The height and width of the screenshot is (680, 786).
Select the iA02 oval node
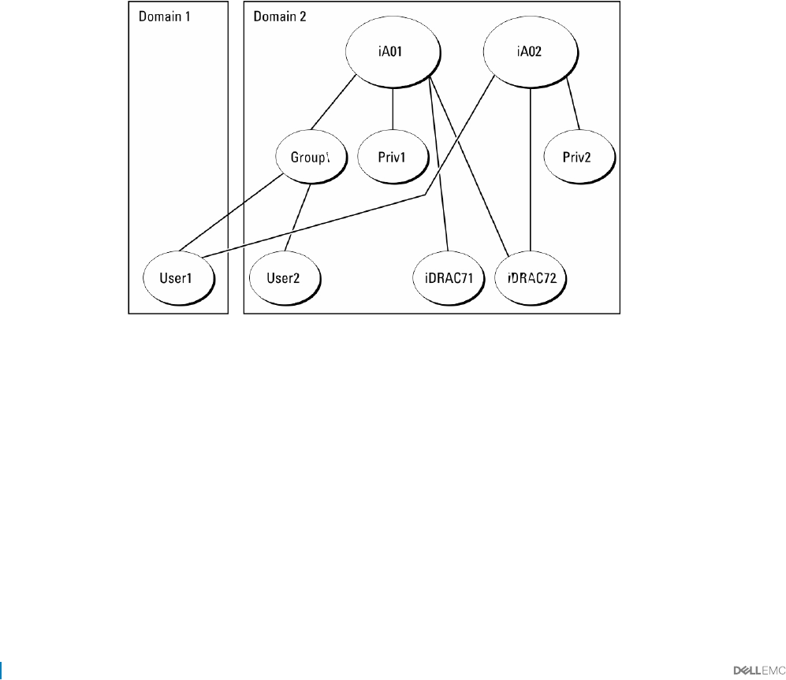[x=531, y=54]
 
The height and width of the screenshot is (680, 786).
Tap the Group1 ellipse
[x=310, y=158]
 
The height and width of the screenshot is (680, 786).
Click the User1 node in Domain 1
[x=177, y=278]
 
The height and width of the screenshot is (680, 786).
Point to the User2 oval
[x=285, y=278]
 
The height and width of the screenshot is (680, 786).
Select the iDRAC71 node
[x=449, y=278]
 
